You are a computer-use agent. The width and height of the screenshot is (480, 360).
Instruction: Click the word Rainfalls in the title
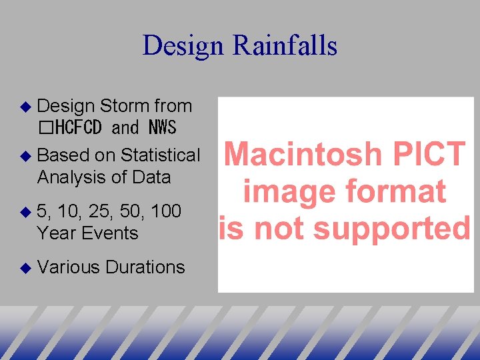[285, 45]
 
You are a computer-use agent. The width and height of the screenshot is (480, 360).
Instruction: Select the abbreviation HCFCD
[79, 127]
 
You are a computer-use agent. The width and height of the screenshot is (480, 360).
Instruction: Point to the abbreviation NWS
[162, 127]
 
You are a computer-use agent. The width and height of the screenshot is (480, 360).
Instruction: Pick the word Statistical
[160, 155]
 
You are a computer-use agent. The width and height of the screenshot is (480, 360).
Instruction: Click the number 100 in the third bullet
[166, 211]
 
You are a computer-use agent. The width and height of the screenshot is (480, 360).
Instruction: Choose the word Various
[69, 267]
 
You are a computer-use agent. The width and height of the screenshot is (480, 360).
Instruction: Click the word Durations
[145, 267]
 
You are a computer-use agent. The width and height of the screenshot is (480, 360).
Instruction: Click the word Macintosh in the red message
[298, 155]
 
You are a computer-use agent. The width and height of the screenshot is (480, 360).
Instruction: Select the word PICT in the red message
[422, 155]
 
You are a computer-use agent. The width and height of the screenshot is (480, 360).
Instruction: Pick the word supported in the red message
[393, 229]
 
